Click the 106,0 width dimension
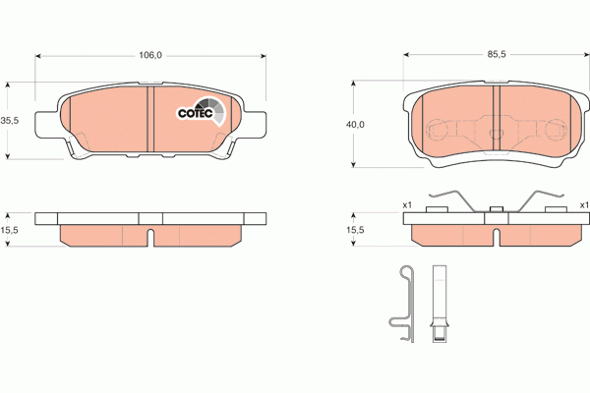pos(148,56)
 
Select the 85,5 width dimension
pos(497,56)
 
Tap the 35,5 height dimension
pos(10,120)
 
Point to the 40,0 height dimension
pos(355,125)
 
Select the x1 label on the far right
pos(583,205)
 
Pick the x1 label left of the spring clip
pos(406,205)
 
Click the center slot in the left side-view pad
pos(149,238)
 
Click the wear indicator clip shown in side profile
pos(403,305)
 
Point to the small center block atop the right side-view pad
pos(497,207)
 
